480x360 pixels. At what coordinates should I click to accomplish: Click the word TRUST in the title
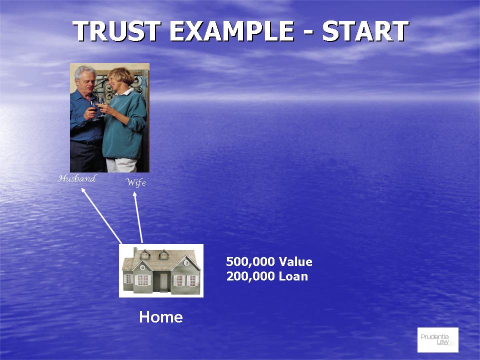[x=117, y=31]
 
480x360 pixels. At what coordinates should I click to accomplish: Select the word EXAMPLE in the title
[x=231, y=31]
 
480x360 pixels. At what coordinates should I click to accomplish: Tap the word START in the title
[x=365, y=31]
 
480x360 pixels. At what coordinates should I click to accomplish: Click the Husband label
[x=77, y=178]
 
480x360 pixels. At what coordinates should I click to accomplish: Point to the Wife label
[x=136, y=183]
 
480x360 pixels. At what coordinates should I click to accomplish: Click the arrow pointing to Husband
[x=101, y=216]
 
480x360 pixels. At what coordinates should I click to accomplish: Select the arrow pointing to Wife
[x=138, y=217]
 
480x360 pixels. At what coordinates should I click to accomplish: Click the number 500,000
[x=250, y=262]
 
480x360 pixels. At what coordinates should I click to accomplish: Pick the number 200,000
[x=250, y=276]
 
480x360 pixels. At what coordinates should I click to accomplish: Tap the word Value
[x=295, y=262]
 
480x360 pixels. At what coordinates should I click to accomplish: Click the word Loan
[x=293, y=276]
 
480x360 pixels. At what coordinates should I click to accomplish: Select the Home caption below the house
[x=161, y=317]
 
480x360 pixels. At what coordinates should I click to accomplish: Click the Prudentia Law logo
[x=438, y=340]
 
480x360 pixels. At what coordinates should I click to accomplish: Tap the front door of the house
[x=164, y=282]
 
